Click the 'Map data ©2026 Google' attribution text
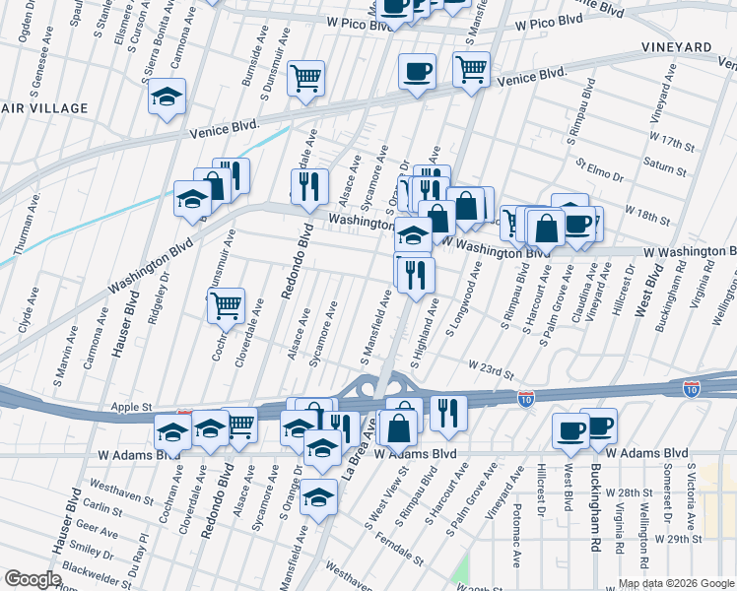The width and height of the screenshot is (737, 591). coord(675,583)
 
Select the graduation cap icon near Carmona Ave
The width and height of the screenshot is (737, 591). coord(167,97)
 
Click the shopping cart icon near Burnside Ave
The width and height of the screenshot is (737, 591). coord(306,77)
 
